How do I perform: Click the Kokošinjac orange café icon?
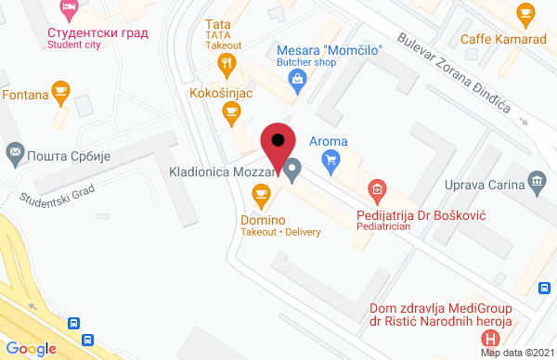pos(231,112)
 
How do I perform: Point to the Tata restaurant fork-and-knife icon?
pos(225,64)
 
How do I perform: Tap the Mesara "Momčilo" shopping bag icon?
pos(297,79)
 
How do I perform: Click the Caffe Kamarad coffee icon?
pos(526,12)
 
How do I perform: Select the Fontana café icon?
pos(61,91)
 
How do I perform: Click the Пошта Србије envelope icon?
pos(16,150)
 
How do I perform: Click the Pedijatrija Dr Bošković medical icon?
pos(377,193)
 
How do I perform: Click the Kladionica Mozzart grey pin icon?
pos(292,171)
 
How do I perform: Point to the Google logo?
pos(32,348)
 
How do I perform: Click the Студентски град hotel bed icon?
pos(69,9)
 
